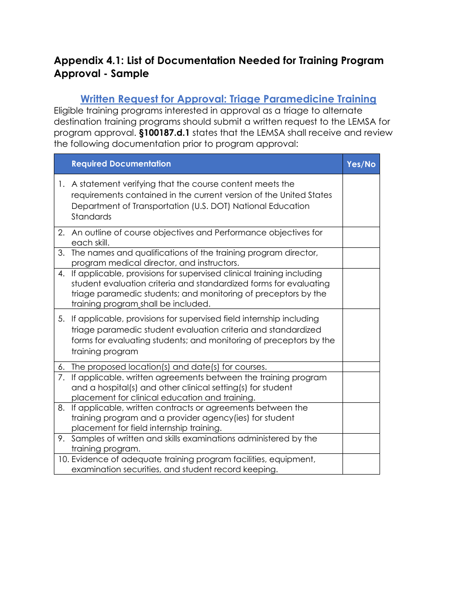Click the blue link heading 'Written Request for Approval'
click(x=228, y=99)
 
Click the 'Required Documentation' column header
click(x=121, y=164)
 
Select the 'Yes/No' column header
click(x=361, y=164)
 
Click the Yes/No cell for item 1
click(x=361, y=200)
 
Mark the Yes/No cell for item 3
click(x=361, y=258)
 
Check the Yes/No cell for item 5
click(x=361, y=335)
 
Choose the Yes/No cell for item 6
click(x=361, y=367)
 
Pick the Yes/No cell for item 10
click(x=361, y=464)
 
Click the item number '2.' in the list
click(x=62, y=232)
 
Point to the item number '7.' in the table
click(x=62, y=377)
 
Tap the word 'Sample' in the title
click(x=130, y=74)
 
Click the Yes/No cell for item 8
click(x=361, y=418)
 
